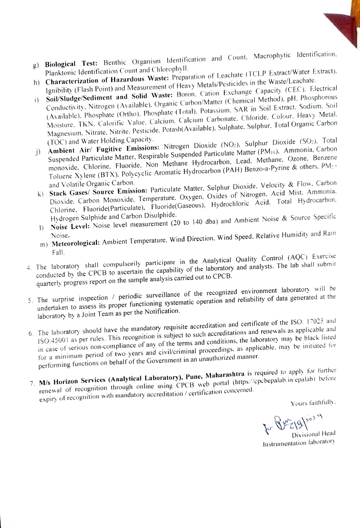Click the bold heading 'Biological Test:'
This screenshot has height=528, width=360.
pos(69,63)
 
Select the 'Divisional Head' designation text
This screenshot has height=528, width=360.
pos(313,434)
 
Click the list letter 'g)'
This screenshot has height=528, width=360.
pos(36,65)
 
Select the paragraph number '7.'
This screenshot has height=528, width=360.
pos(32,383)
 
